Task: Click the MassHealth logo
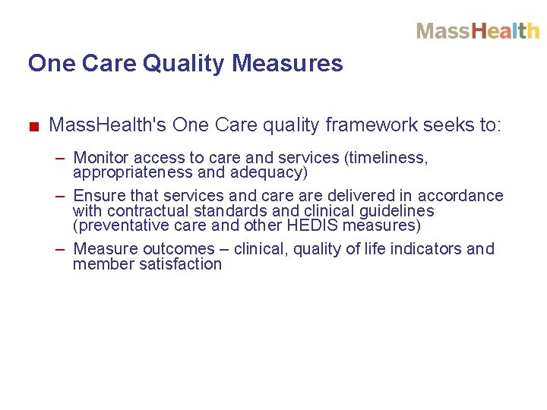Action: click(x=477, y=31)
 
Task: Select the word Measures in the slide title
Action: click(x=288, y=64)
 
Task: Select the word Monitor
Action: click(x=102, y=158)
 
